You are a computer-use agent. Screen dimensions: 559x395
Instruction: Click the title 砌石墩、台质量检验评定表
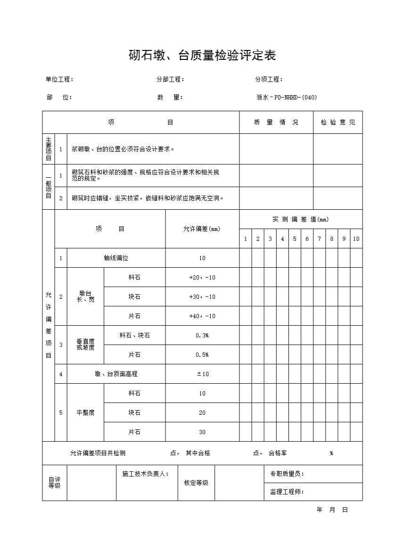(x=202, y=56)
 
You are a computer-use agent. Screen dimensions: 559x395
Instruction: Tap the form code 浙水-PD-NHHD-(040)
(x=286, y=98)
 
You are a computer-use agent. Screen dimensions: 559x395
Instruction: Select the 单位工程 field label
(x=59, y=80)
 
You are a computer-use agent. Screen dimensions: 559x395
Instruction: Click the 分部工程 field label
(x=170, y=80)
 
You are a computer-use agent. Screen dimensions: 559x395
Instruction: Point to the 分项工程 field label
(x=269, y=80)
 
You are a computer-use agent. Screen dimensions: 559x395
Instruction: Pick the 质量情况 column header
(x=276, y=123)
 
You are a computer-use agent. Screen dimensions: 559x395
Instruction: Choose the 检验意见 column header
(x=338, y=123)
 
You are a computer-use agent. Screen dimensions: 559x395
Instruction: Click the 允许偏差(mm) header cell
(x=202, y=229)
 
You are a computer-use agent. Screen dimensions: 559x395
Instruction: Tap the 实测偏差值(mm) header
(x=300, y=219)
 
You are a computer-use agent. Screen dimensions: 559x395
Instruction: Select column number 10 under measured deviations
(x=356, y=239)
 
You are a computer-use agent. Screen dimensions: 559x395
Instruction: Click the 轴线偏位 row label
(x=116, y=258)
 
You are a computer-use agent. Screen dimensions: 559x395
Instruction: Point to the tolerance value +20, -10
(x=202, y=278)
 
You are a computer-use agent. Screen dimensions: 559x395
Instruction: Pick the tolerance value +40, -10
(x=202, y=316)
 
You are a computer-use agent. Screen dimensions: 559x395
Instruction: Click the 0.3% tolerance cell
(x=202, y=336)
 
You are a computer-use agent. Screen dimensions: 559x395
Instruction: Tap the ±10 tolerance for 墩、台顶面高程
(x=202, y=374)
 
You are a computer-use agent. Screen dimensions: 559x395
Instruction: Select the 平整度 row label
(x=85, y=413)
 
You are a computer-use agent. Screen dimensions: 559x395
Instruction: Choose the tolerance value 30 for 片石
(x=202, y=432)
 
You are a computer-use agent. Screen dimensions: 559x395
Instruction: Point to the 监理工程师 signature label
(x=287, y=492)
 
